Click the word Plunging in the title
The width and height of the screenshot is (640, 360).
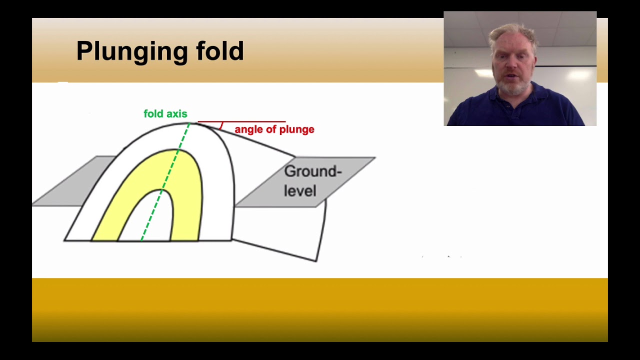pyautogui.click(x=131, y=51)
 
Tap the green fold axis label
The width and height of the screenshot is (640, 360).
pyautogui.click(x=165, y=114)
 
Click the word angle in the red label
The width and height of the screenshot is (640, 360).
pyautogui.click(x=249, y=129)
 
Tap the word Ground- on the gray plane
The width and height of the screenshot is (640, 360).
pyautogui.click(x=312, y=171)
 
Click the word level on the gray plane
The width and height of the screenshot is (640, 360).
pyautogui.click(x=300, y=191)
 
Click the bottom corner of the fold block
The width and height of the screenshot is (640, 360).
pyautogui.click(x=316, y=260)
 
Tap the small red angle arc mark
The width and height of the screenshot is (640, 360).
pyautogui.click(x=220, y=126)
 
